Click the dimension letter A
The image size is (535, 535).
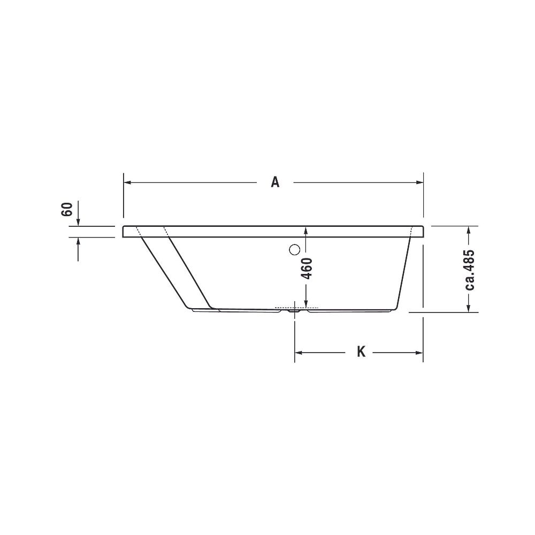pyautogui.click(x=275, y=182)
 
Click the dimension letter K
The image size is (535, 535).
pyautogui.click(x=361, y=352)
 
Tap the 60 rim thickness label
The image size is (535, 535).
pyautogui.click(x=67, y=209)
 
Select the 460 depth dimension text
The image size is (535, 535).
pyautogui.click(x=308, y=269)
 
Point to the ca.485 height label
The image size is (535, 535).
pyautogui.click(x=470, y=270)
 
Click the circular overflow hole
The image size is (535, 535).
pyautogui.click(x=294, y=250)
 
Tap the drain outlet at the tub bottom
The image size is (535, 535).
pyautogui.click(x=294, y=310)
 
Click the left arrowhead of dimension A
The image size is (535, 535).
pyautogui.click(x=128, y=182)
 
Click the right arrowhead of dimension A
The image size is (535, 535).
pyautogui.click(x=419, y=182)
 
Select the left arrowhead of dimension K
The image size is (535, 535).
pyautogui.click(x=299, y=353)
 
